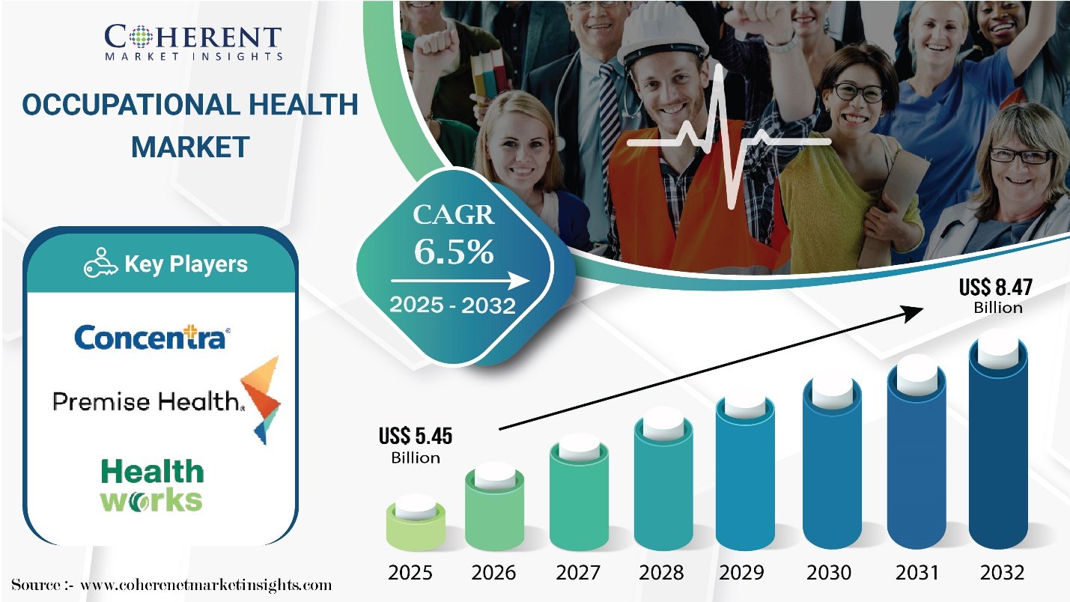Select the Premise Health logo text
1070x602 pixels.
148,401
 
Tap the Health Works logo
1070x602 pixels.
152,485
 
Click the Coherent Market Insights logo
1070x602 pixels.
193,43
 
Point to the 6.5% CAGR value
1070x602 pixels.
453,251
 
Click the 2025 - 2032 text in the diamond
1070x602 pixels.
452,305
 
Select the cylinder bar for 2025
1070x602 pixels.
416,523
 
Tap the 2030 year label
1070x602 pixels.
829,572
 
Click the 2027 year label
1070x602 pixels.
578,572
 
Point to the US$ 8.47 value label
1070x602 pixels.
996,296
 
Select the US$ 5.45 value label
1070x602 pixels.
416,445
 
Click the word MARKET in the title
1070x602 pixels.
191,147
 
